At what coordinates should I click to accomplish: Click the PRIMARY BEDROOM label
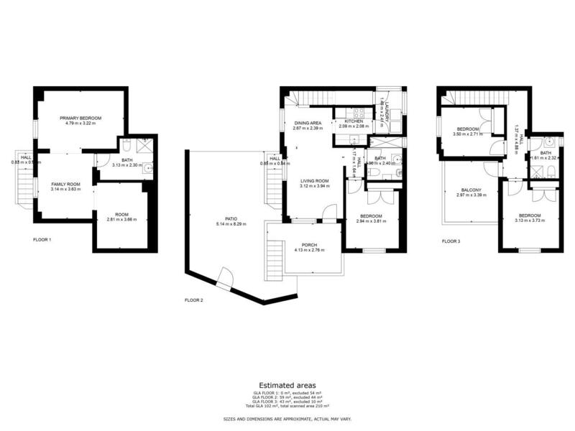click(x=80, y=118)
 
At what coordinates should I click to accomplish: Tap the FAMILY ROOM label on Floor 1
click(x=65, y=185)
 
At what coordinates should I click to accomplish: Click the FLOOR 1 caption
click(x=42, y=239)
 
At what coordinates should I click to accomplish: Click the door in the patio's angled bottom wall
click(x=225, y=279)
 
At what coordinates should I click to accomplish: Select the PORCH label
click(x=310, y=245)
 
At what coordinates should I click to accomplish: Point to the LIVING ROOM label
click(x=314, y=181)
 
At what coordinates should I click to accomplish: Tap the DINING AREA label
click(x=308, y=123)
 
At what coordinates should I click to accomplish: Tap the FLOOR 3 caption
click(x=451, y=241)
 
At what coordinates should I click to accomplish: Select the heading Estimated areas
click(x=287, y=386)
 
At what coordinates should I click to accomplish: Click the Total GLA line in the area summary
click(x=287, y=406)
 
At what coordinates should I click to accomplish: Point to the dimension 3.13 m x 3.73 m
click(x=529, y=221)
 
